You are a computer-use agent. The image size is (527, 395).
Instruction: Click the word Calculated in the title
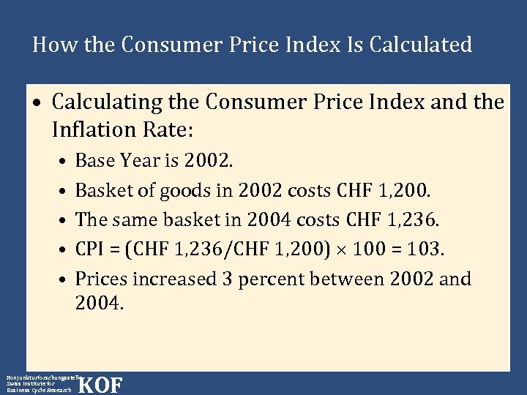tap(421, 45)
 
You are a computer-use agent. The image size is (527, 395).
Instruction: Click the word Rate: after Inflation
tap(168, 130)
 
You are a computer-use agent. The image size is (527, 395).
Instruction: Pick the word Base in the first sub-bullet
tap(94, 160)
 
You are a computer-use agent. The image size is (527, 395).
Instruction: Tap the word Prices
tap(100, 279)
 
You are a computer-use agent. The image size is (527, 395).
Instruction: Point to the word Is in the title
tap(353, 45)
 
